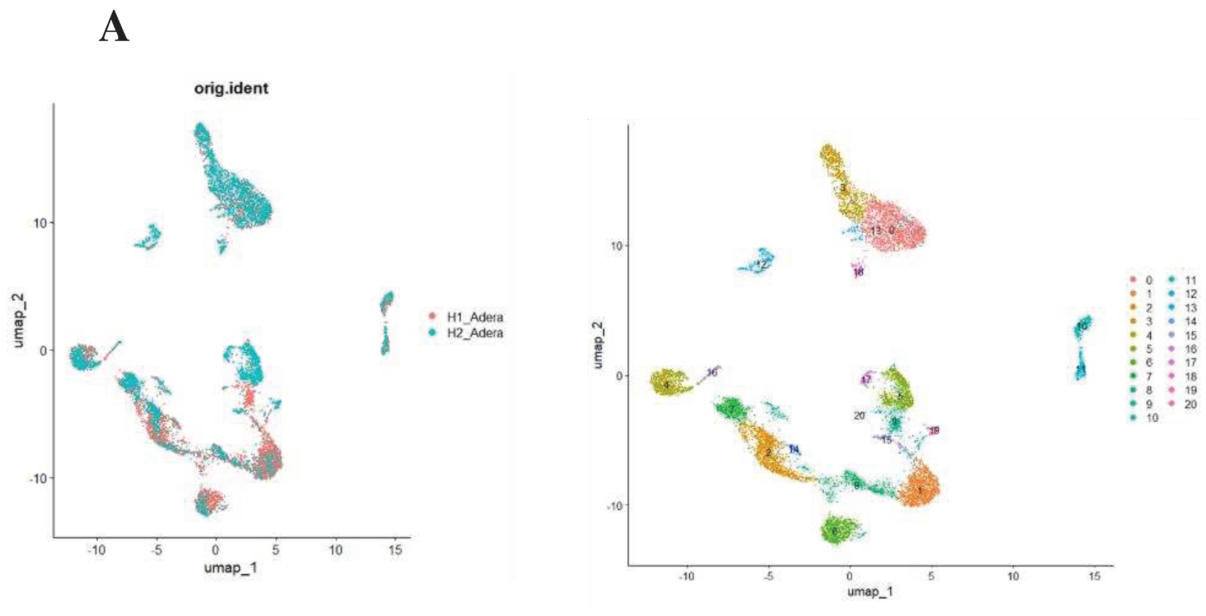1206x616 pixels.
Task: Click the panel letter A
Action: [114, 27]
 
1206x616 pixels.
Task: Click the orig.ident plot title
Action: [231, 88]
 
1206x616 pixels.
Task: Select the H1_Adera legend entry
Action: [474, 317]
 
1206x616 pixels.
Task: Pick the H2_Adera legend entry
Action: [474, 333]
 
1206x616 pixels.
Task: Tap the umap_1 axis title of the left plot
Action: [231, 568]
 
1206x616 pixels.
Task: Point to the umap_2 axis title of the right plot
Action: [598, 345]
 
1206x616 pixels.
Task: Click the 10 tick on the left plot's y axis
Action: [40, 223]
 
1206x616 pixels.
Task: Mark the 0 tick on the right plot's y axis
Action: [619, 376]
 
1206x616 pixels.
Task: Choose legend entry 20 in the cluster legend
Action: [1191, 404]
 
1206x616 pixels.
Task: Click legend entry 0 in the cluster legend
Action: [1148, 280]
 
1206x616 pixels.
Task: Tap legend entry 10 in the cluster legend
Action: [1151, 418]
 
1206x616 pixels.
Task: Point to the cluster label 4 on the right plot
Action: [666, 385]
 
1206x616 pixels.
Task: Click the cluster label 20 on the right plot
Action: [859, 415]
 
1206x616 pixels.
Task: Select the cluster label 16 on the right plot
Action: [712, 373]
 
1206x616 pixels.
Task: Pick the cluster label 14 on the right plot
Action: [794, 450]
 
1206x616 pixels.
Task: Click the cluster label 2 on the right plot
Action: [768, 453]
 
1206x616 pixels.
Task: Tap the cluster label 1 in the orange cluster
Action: [919, 491]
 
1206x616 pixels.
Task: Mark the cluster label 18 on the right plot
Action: [859, 272]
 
